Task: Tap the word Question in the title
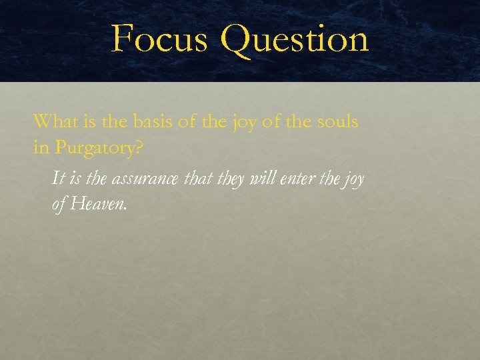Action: point(294,39)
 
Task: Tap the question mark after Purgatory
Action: point(138,147)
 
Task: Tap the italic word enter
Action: point(292,179)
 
